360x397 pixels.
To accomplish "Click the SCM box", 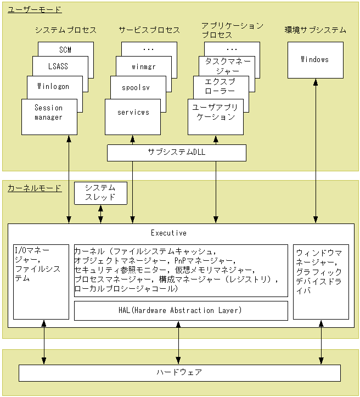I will click(65, 49).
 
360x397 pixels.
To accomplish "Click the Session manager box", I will click(48, 113).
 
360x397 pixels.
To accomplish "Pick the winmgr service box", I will click(144, 67).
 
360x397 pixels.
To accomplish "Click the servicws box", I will click(133, 113).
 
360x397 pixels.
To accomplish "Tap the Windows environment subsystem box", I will click(315, 59).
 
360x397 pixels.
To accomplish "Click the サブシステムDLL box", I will click(176, 153).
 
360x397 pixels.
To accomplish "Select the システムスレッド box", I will click(100, 193).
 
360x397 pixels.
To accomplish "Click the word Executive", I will click(168, 233).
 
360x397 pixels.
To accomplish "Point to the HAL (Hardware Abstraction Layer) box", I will click(181, 310).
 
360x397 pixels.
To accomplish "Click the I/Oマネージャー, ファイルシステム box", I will click(41, 281).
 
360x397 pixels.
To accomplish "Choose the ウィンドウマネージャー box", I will click(320, 281).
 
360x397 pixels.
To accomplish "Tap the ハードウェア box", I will click(179, 372).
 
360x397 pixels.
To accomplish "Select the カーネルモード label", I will click(35, 188).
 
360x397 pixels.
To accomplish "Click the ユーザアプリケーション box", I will click(215, 113).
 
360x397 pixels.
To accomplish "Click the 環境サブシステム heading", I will click(315, 30).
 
